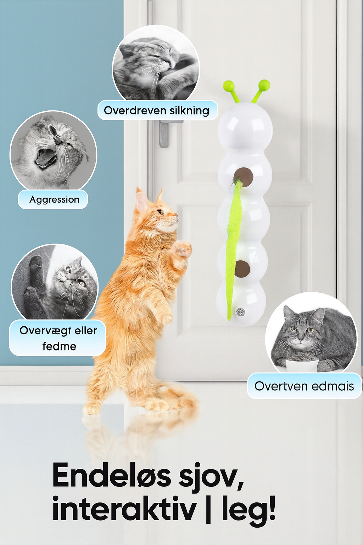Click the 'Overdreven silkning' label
[x=157, y=111]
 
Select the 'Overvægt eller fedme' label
[x=58, y=338]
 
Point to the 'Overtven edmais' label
[x=304, y=386]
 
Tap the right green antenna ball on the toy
[x=264, y=86]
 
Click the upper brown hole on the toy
[x=243, y=177]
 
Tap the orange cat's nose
[x=176, y=215]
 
